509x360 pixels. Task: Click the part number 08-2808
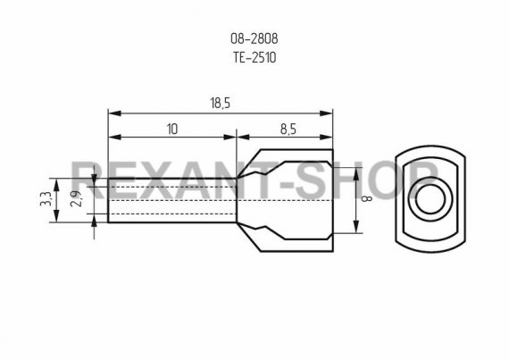(x=254, y=39)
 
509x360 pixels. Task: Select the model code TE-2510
(x=254, y=58)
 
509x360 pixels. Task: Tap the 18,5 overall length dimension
(x=220, y=104)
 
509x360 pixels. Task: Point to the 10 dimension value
(x=172, y=130)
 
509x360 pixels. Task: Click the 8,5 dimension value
(x=288, y=130)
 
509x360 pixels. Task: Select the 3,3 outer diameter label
(x=46, y=198)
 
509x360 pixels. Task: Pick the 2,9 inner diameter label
(x=76, y=198)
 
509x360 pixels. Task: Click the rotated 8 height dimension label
(x=368, y=198)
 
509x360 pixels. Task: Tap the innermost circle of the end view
(x=430, y=199)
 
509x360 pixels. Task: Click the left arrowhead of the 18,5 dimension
(x=114, y=113)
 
